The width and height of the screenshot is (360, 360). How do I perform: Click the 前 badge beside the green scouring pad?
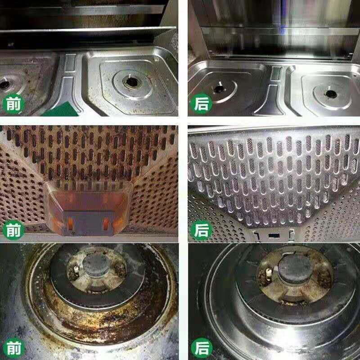[x=13, y=104]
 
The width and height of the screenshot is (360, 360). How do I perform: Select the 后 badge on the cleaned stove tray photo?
[x=201, y=104]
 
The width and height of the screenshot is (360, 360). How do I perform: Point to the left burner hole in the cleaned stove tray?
[x=220, y=89]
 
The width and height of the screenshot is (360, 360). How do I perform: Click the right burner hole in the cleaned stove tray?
[x=331, y=94]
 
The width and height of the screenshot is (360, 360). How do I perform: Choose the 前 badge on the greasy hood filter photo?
[x=13, y=230]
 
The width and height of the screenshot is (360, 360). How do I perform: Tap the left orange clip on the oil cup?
[x=70, y=224]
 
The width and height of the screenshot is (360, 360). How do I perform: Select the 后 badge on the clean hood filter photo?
[x=201, y=230]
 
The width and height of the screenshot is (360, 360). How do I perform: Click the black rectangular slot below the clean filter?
[x=274, y=235]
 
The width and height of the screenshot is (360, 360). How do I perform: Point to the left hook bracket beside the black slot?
[x=256, y=235]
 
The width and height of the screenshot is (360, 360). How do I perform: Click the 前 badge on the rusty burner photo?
[x=13, y=348]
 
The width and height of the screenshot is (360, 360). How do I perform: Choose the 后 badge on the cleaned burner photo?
[x=201, y=348]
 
